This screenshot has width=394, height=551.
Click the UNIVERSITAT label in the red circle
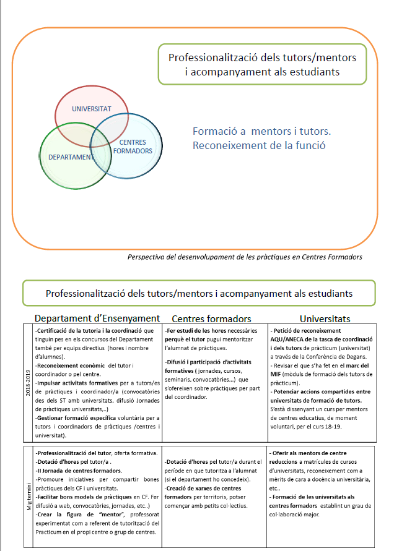tap(91, 109)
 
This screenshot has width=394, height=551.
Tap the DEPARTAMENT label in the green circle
tap(71, 157)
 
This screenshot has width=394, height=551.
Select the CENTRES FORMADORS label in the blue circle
tap(133, 147)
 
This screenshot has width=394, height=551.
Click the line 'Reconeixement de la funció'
tap(259, 146)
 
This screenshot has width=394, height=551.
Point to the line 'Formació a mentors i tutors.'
tap(262, 132)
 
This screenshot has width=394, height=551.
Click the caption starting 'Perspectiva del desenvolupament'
tap(244, 257)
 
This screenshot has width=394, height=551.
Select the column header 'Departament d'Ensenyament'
tap(97, 319)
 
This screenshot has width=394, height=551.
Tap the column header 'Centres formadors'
tap(211, 319)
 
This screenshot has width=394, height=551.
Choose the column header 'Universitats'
tap(325, 319)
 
